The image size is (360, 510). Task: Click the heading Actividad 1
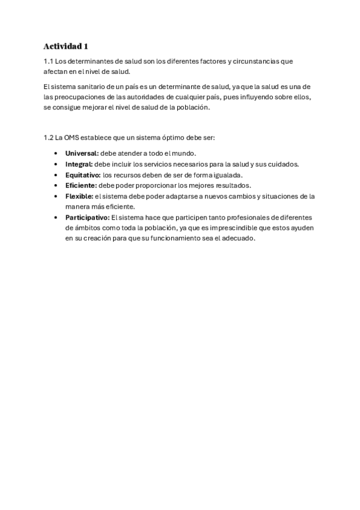click(x=66, y=46)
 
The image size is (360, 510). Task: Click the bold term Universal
click(x=82, y=153)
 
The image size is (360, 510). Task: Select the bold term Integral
click(x=79, y=164)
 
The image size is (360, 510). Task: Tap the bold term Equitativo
click(x=83, y=175)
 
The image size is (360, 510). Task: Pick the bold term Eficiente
click(x=81, y=185)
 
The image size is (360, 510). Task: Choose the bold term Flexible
click(x=79, y=196)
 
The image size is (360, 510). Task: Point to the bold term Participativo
click(x=87, y=217)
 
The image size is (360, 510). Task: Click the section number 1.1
click(x=49, y=61)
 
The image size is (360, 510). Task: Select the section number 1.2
click(x=49, y=138)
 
